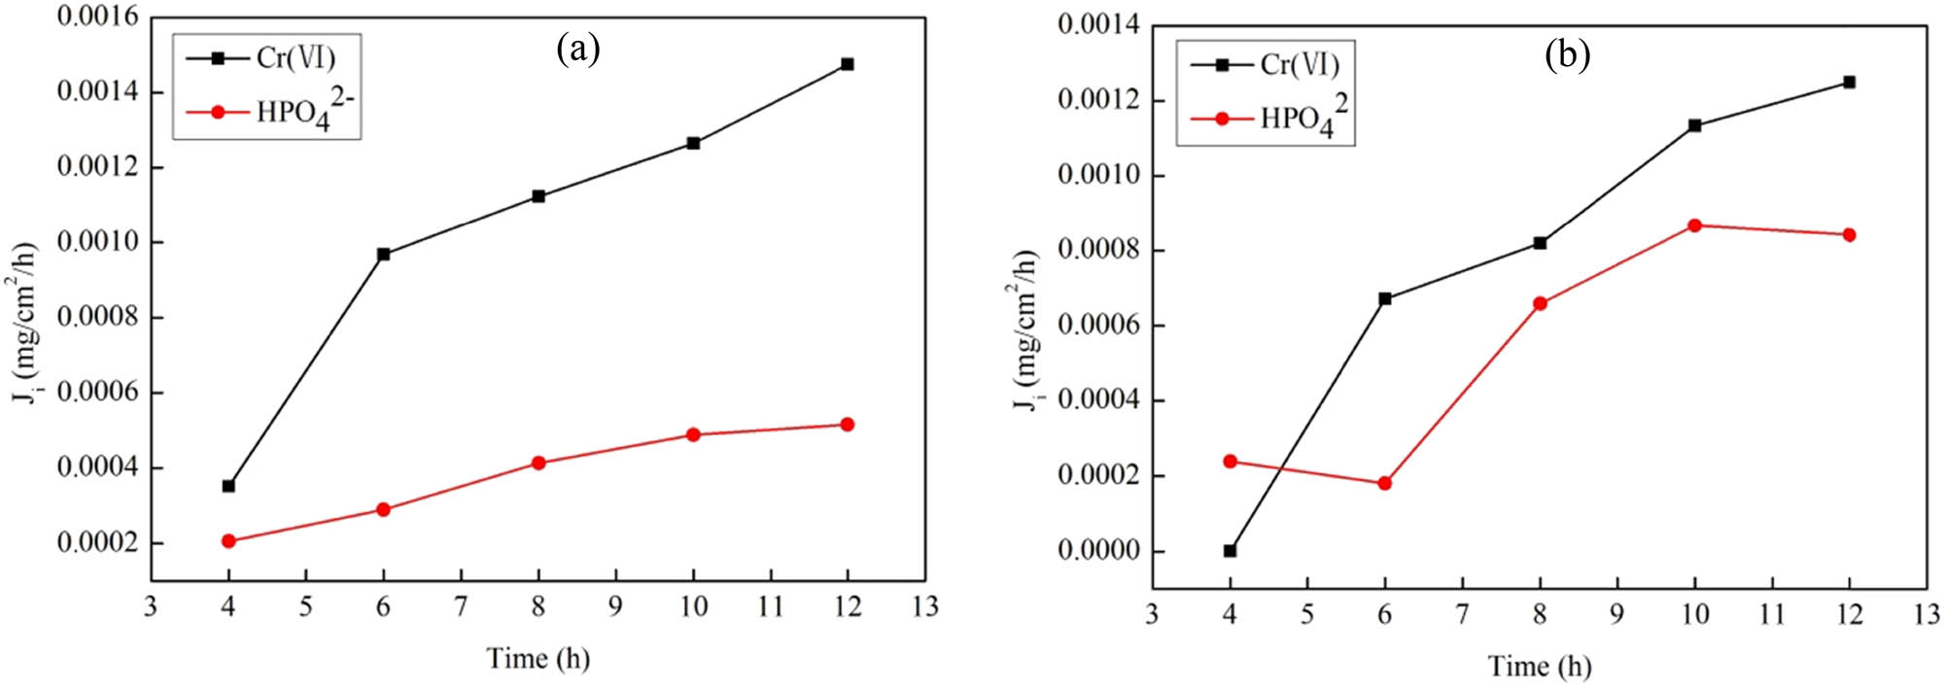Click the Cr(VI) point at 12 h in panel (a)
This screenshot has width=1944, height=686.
tap(848, 64)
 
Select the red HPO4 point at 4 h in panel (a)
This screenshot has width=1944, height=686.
tap(228, 541)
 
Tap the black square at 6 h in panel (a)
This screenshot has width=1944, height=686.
tap(383, 255)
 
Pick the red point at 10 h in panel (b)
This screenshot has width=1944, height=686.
tap(1694, 225)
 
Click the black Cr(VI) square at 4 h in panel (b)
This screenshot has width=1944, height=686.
tap(1230, 551)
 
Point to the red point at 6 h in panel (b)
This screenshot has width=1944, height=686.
tap(1384, 483)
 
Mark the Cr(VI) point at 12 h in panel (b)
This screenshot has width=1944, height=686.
tap(1849, 83)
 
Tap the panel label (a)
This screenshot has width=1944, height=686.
tap(577, 48)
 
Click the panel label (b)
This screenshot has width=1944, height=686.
tap(1567, 54)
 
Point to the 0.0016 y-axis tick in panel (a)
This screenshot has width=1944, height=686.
tap(97, 17)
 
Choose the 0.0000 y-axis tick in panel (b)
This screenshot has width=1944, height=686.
tap(1097, 551)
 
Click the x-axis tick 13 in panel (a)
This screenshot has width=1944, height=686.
tap(924, 607)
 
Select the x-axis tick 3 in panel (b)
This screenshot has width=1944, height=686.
tap(1152, 614)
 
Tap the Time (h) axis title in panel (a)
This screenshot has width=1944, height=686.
tap(538, 659)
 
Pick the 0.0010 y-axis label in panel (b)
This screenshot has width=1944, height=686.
tap(1097, 176)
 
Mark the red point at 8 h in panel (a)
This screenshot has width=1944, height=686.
tap(538, 463)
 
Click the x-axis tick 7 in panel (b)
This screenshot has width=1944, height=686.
tap(1462, 614)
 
